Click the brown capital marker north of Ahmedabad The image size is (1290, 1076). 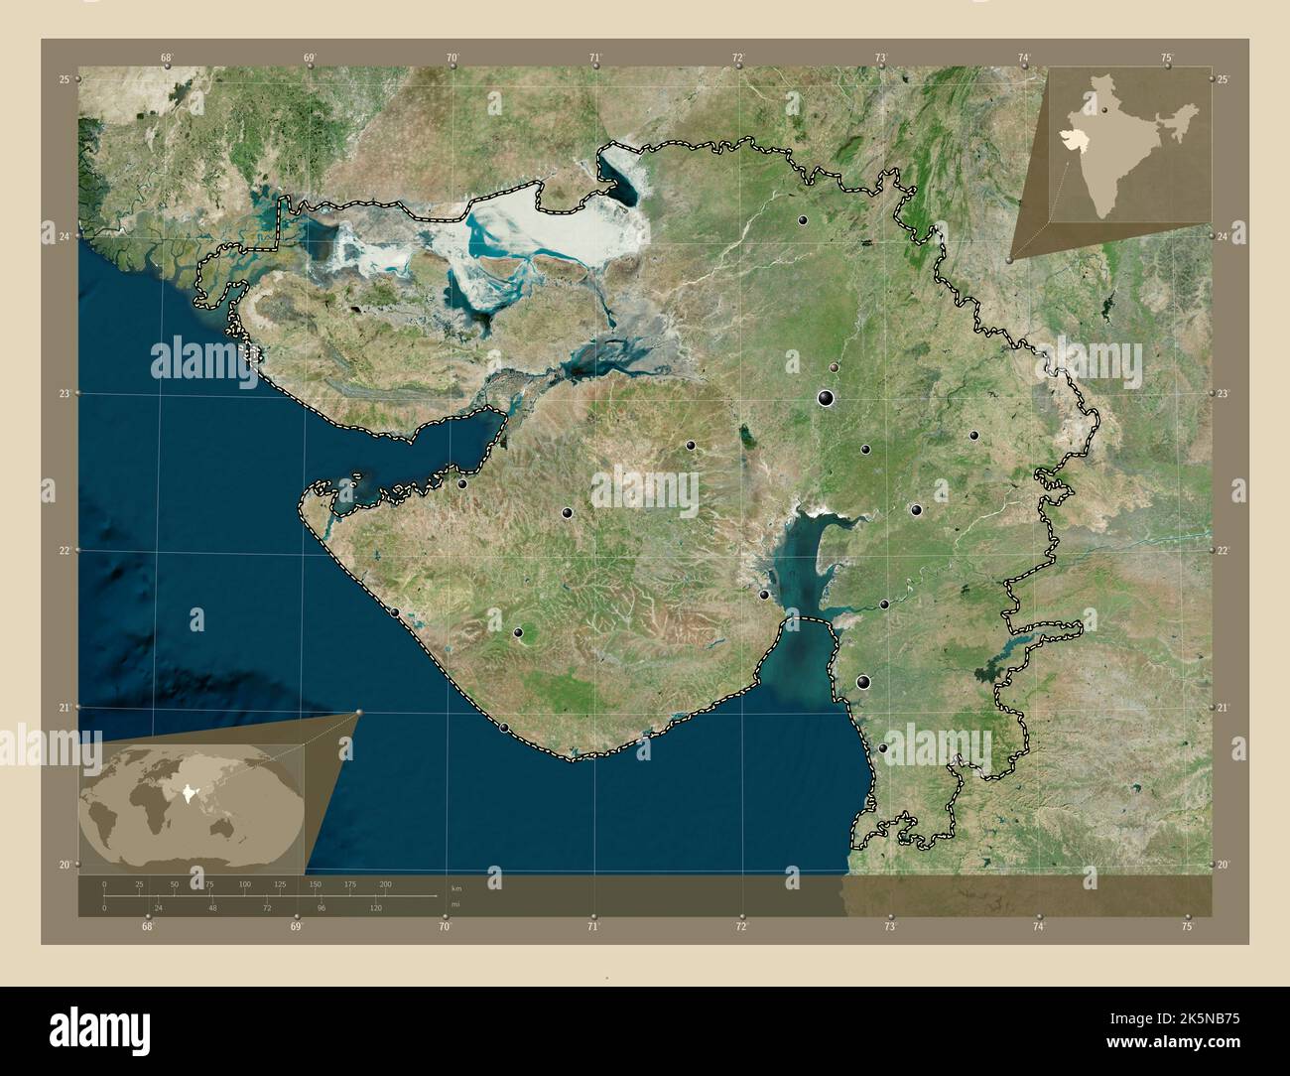834,367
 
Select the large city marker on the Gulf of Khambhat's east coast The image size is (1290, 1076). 863,682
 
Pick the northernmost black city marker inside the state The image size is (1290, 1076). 802,219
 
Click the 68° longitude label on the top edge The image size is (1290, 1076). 167,59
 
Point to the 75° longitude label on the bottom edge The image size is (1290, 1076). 1187,926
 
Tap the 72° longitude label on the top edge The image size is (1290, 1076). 738,59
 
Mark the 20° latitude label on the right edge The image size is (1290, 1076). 1224,865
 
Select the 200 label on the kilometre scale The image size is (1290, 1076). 385,883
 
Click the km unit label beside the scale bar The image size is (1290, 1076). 455,887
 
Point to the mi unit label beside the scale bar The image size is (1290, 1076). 455,905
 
